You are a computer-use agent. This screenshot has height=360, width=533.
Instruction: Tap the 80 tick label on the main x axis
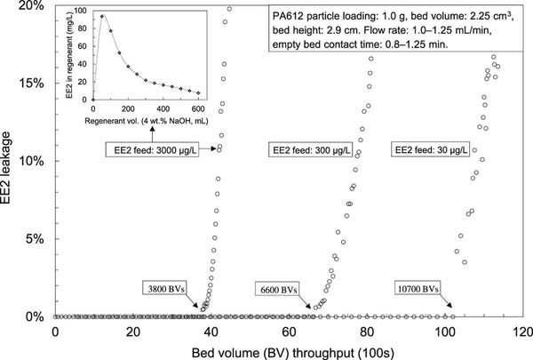tap(367, 331)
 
